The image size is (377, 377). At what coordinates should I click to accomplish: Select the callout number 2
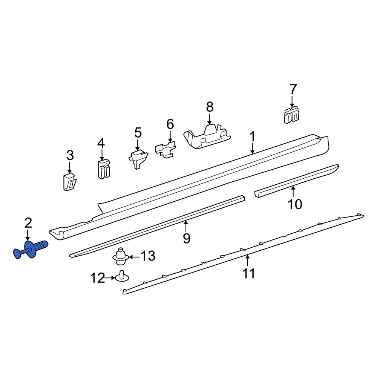point(28,223)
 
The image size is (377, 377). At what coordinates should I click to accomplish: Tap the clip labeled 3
point(69,182)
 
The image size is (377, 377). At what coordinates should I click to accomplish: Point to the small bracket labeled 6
point(166,150)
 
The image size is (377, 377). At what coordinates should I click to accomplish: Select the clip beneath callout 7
point(291,114)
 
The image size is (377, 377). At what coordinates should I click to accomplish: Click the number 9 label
point(187,238)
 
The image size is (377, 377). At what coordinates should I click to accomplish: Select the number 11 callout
point(249,273)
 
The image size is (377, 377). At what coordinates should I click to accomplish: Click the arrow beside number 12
point(110,278)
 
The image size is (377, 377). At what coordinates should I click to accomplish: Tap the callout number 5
point(138,133)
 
